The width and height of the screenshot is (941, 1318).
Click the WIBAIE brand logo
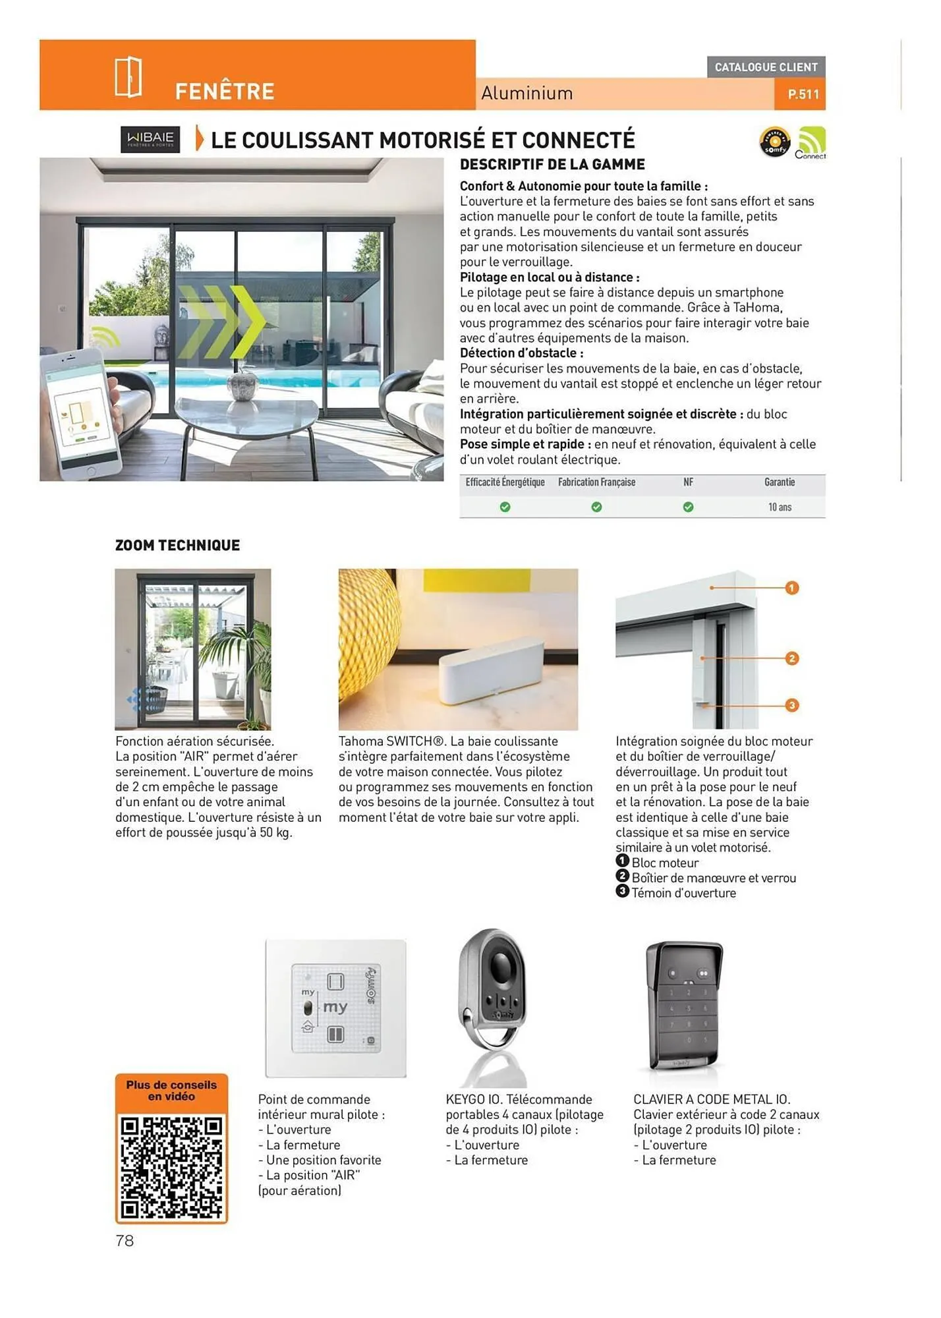click(150, 139)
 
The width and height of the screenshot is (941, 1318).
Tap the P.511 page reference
click(803, 94)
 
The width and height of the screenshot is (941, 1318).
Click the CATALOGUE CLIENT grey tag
click(766, 67)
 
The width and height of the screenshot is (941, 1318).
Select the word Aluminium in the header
click(527, 94)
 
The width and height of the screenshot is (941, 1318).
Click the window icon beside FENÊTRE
click(128, 77)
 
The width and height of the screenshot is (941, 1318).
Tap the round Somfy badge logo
click(775, 142)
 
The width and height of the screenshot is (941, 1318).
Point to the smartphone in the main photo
click(80, 415)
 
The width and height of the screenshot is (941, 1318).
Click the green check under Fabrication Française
click(596, 507)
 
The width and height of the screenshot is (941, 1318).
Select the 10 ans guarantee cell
click(780, 507)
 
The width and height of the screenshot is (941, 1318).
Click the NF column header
click(688, 482)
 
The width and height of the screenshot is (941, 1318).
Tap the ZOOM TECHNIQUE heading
click(177, 545)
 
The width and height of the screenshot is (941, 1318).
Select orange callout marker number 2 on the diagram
click(792, 658)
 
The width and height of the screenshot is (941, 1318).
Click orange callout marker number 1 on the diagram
click(792, 587)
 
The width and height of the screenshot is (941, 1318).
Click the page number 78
click(125, 1241)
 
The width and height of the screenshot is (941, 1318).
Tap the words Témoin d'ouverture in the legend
click(683, 893)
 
